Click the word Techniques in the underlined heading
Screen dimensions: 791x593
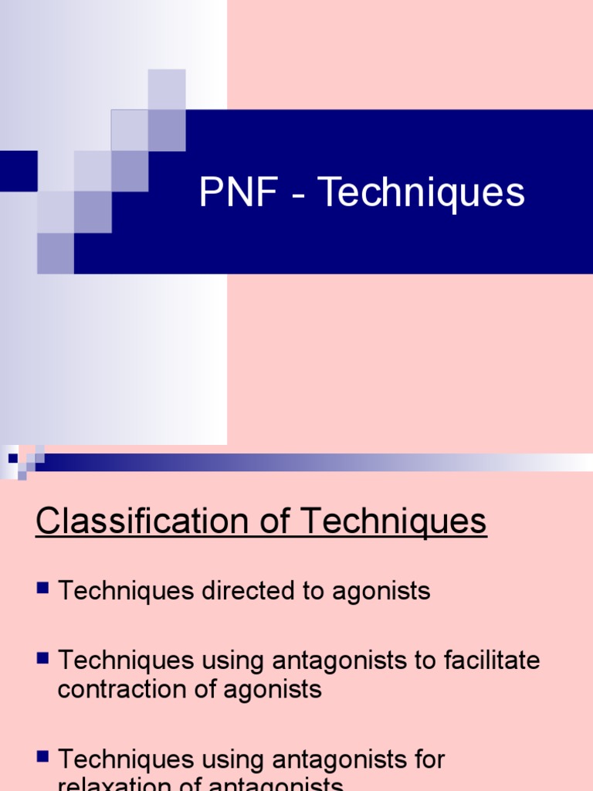coord(394,522)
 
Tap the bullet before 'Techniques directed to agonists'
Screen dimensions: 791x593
coord(42,589)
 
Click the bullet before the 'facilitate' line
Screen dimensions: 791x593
coord(42,659)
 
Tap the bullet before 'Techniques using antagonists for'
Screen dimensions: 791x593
coord(42,756)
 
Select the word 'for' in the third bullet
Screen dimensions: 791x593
coord(427,759)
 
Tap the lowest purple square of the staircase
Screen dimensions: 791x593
coord(56,253)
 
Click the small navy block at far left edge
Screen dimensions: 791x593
coord(18,171)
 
